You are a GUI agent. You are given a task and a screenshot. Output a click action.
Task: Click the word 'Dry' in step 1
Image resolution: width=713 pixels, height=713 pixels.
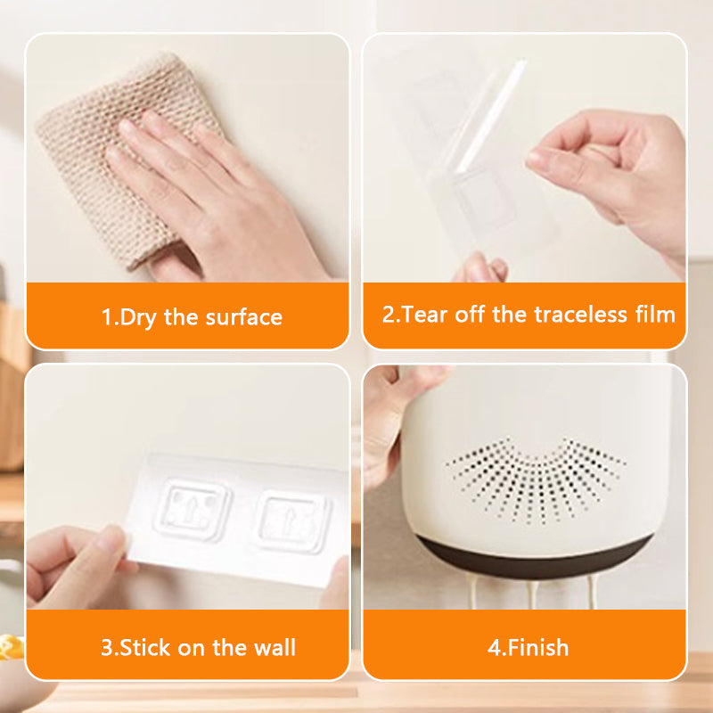pyautogui.click(x=138, y=317)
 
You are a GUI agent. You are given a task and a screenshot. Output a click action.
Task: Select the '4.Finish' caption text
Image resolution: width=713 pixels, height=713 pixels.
pyautogui.click(x=528, y=647)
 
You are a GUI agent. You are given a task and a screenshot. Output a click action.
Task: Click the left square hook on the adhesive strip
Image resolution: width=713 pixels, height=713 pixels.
pyautogui.click(x=191, y=512)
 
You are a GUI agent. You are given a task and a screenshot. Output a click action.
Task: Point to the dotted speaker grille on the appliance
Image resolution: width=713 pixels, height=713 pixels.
pyautogui.click(x=535, y=486)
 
